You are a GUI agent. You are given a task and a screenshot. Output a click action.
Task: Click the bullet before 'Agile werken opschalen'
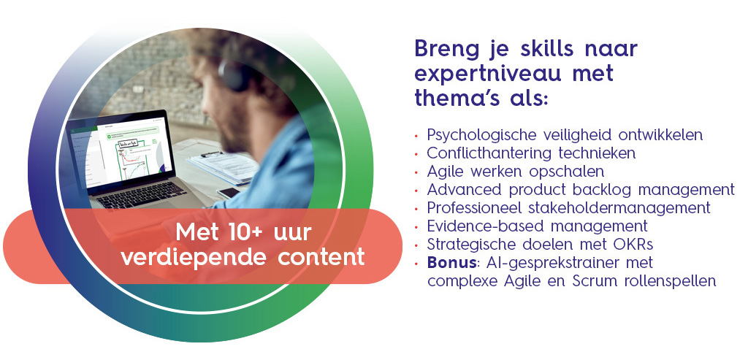click(x=416, y=172)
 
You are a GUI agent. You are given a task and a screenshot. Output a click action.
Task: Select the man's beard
click(x=232, y=131)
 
